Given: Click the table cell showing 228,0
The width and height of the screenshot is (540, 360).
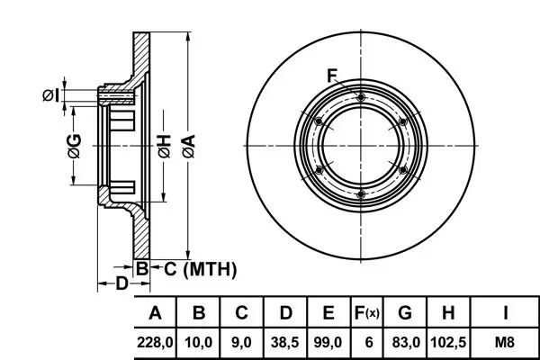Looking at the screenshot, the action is [x=155, y=342].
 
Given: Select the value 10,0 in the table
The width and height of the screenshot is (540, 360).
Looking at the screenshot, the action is [x=198, y=342].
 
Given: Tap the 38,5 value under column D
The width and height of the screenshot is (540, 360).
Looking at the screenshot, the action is [x=284, y=342].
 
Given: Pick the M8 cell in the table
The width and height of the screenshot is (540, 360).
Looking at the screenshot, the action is [x=505, y=342].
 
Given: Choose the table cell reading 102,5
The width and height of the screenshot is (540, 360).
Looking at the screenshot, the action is [x=448, y=342].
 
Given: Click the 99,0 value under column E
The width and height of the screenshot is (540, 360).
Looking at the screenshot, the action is [x=328, y=342].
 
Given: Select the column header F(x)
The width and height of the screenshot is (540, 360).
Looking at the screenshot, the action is [x=367, y=313].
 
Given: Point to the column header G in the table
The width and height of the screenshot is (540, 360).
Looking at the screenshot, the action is [x=405, y=313].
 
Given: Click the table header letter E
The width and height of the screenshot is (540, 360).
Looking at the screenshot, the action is [x=328, y=313].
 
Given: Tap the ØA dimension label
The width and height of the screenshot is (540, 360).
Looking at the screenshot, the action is [x=189, y=146].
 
